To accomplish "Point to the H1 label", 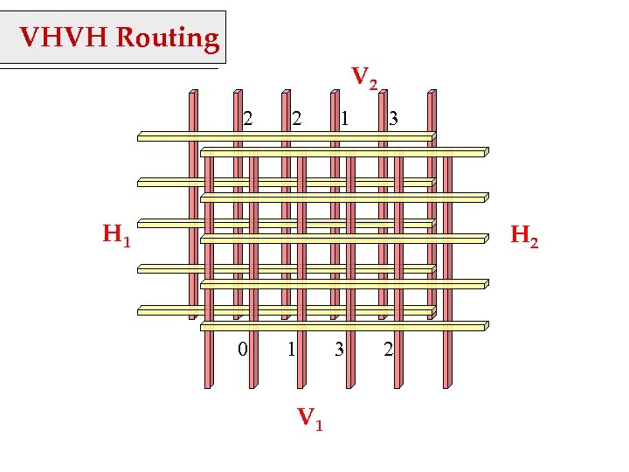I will point(116,234).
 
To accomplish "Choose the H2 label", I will point(524,235).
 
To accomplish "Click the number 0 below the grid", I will point(244,350).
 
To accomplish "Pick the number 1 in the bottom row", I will point(291,350).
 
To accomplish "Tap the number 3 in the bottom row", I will point(339,350).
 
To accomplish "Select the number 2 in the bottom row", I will point(389,350).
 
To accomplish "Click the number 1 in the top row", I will point(346,116).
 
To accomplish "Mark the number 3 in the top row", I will point(394,116).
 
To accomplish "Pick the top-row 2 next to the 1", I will point(297,116).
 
